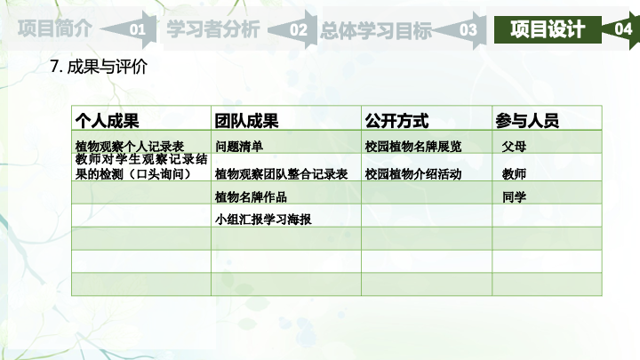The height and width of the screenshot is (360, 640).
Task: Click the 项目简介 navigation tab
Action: [x=55, y=28]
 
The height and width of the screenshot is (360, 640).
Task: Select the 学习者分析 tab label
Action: [x=213, y=29]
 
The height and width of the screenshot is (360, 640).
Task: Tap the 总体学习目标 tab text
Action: [x=376, y=30]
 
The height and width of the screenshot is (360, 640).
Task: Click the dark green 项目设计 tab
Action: [x=548, y=29]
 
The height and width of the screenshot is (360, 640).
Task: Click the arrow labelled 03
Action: [x=461, y=30]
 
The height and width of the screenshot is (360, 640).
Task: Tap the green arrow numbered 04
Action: [x=621, y=29]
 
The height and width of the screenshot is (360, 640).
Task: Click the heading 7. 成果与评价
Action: [x=99, y=67]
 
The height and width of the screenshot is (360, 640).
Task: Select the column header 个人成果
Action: [x=107, y=121]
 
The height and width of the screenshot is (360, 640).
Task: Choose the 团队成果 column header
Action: [x=246, y=121]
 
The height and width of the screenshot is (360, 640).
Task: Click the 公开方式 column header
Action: [x=396, y=121]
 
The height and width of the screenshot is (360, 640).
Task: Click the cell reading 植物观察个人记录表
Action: [x=130, y=146]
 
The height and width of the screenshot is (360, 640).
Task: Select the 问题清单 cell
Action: [x=239, y=146]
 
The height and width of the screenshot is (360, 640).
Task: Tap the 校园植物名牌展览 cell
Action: [x=413, y=146]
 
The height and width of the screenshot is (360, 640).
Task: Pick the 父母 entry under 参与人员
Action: [x=514, y=146]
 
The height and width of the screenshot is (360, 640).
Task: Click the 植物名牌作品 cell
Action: [x=251, y=197]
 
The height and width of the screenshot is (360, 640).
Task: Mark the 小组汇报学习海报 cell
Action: [x=263, y=220]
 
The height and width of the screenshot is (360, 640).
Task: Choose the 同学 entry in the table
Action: [x=514, y=197]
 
